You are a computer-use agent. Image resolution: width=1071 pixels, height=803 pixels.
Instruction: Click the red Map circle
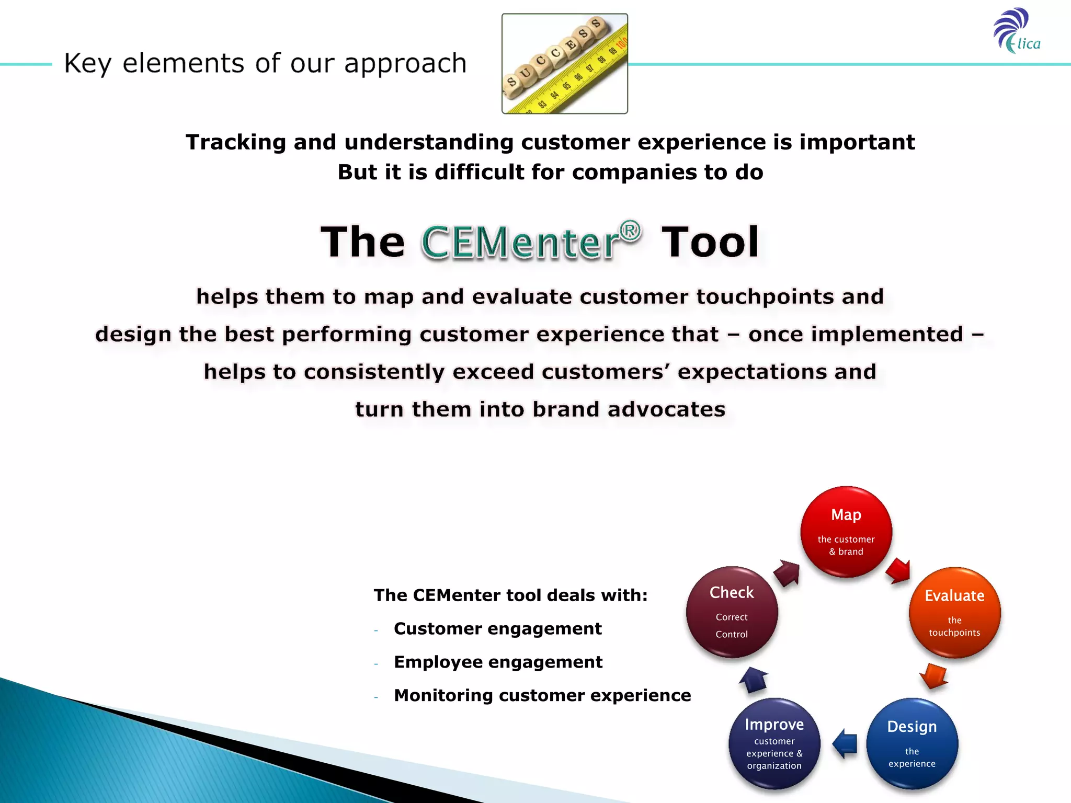click(x=846, y=532)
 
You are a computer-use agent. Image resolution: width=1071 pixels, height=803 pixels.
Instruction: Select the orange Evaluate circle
click(x=954, y=612)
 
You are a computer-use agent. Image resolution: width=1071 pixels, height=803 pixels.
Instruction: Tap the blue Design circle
click(x=912, y=743)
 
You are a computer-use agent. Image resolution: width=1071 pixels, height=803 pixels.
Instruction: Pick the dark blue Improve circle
click(x=774, y=743)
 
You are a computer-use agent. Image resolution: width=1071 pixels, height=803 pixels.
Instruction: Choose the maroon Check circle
click(x=732, y=612)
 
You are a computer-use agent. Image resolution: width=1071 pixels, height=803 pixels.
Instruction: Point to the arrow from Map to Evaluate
click(x=898, y=570)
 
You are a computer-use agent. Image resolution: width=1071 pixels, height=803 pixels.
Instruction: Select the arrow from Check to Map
click(x=787, y=573)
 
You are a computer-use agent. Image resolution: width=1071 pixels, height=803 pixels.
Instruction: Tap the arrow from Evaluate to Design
click(x=933, y=676)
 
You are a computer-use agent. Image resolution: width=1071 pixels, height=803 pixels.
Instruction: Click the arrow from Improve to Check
click(x=753, y=680)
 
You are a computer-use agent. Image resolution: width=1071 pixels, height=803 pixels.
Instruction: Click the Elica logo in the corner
click(x=1017, y=31)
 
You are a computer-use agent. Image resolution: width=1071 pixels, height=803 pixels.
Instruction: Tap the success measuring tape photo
click(x=564, y=64)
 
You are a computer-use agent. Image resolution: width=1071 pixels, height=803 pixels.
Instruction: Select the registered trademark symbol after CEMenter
click(x=630, y=231)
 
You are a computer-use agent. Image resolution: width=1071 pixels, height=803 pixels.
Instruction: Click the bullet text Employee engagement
click(x=498, y=662)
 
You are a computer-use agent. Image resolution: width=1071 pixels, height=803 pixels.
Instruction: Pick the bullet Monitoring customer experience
click(x=542, y=695)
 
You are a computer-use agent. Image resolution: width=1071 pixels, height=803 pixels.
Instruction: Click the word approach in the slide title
click(x=405, y=64)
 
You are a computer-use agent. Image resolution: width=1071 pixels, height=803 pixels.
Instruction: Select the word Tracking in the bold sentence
click(x=235, y=142)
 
